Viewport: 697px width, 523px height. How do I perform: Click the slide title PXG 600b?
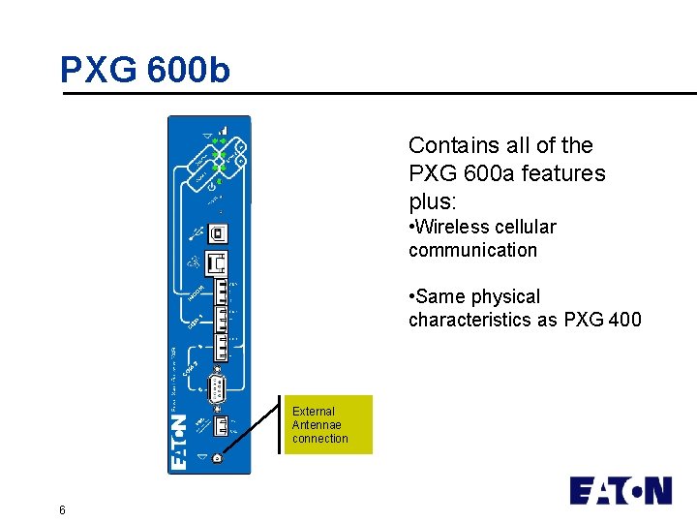pyautogui.click(x=145, y=70)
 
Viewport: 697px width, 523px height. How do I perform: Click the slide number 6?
pyautogui.click(x=62, y=510)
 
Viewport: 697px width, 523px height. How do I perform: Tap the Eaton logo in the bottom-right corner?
pyautogui.click(x=621, y=490)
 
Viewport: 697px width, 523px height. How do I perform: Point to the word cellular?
pyautogui.click(x=523, y=227)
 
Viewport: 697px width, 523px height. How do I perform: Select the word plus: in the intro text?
pyautogui.click(x=432, y=202)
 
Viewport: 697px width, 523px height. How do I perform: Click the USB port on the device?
pyautogui.click(x=218, y=232)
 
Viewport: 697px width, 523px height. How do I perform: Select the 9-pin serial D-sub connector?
pyautogui.click(x=218, y=389)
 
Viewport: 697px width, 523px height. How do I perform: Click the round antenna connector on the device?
pyautogui.click(x=217, y=458)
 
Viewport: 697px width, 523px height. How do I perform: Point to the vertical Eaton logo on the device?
pyautogui.click(x=180, y=442)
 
